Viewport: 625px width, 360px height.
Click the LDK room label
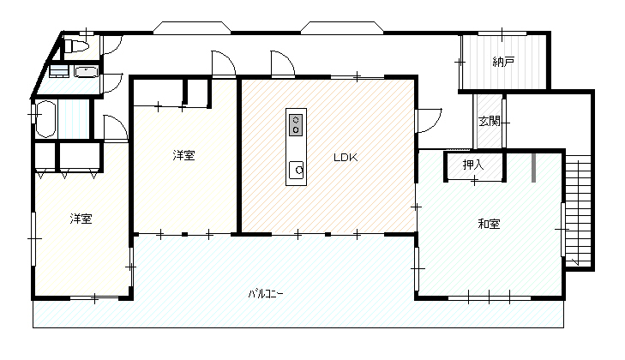point(346,158)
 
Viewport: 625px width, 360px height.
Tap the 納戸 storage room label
point(503,62)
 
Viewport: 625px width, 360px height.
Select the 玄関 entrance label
point(489,121)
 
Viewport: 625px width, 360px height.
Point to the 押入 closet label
point(473,165)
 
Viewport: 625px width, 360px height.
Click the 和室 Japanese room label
point(489,224)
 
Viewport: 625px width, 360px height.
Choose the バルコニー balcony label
point(266,294)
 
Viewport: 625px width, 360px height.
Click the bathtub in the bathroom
point(45,119)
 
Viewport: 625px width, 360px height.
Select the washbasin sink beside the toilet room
point(86,72)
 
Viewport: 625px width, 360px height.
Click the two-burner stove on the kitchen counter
point(296,125)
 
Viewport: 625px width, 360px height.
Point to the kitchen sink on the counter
point(296,171)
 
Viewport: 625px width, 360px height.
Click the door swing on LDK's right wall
point(429,121)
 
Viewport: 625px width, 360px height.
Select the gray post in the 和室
point(534,167)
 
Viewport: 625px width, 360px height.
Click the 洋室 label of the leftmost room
point(81,219)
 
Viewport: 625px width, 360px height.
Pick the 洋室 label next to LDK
point(183,155)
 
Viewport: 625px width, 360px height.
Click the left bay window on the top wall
point(192,28)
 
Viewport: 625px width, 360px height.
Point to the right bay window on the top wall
point(342,28)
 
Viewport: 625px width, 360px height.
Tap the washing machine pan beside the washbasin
point(59,71)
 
